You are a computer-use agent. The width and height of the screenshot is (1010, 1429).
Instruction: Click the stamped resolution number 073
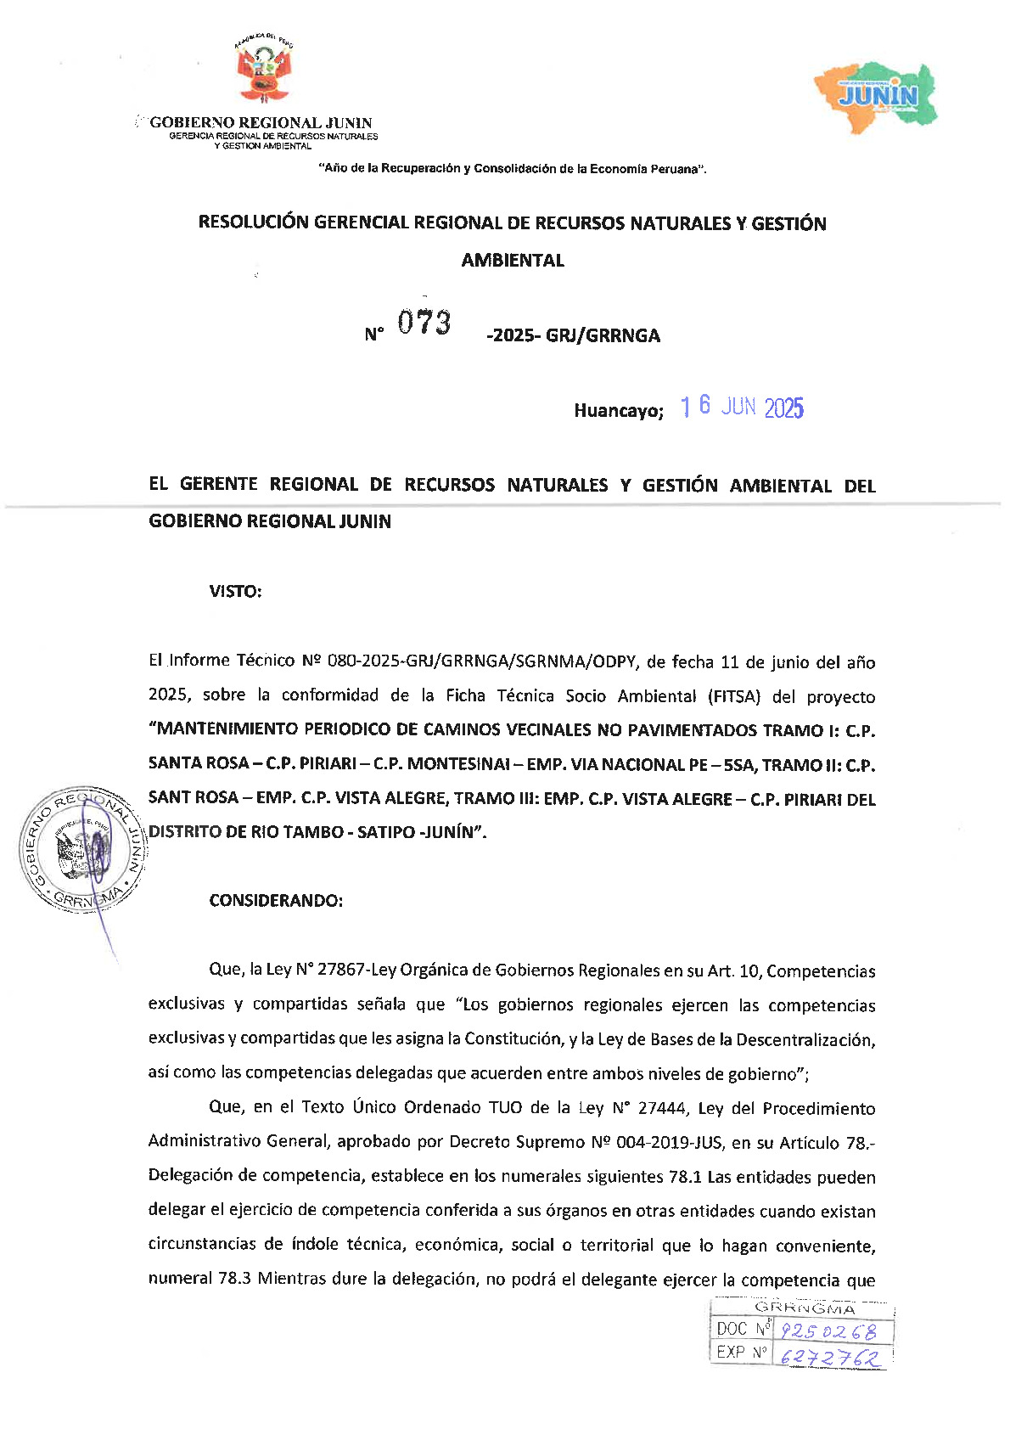tap(424, 323)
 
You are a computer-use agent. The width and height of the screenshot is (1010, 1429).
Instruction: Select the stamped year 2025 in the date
tap(783, 408)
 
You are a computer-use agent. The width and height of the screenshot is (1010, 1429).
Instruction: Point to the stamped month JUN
tap(738, 407)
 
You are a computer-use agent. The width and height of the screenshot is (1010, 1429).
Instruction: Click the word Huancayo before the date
tap(618, 411)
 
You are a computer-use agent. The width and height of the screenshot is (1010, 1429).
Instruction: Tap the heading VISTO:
tap(235, 592)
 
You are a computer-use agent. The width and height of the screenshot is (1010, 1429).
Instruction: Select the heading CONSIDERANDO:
tap(276, 901)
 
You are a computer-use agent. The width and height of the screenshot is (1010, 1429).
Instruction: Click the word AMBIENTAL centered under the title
tap(513, 261)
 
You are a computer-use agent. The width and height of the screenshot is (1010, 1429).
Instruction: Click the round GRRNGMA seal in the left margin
tap(82, 850)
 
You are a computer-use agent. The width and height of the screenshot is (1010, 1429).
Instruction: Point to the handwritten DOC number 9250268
tap(828, 1331)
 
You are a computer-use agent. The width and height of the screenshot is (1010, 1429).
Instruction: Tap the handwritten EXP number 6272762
tap(829, 1357)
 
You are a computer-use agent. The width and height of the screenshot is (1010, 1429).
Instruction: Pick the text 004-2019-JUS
tap(671, 1143)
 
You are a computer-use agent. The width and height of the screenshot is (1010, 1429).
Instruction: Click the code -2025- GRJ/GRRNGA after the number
tap(573, 335)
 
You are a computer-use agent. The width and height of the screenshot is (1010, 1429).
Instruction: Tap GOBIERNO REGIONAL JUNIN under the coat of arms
tap(261, 123)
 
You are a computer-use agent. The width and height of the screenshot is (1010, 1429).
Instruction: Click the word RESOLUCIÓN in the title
tap(253, 223)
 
